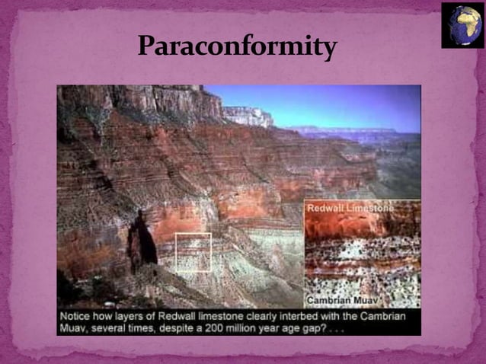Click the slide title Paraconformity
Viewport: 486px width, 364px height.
(x=237, y=47)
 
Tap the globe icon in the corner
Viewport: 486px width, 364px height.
(x=462, y=24)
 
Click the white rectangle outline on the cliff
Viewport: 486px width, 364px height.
(x=193, y=253)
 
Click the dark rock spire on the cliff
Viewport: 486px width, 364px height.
(x=142, y=244)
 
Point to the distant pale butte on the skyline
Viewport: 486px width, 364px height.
(x=248, y=116)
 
